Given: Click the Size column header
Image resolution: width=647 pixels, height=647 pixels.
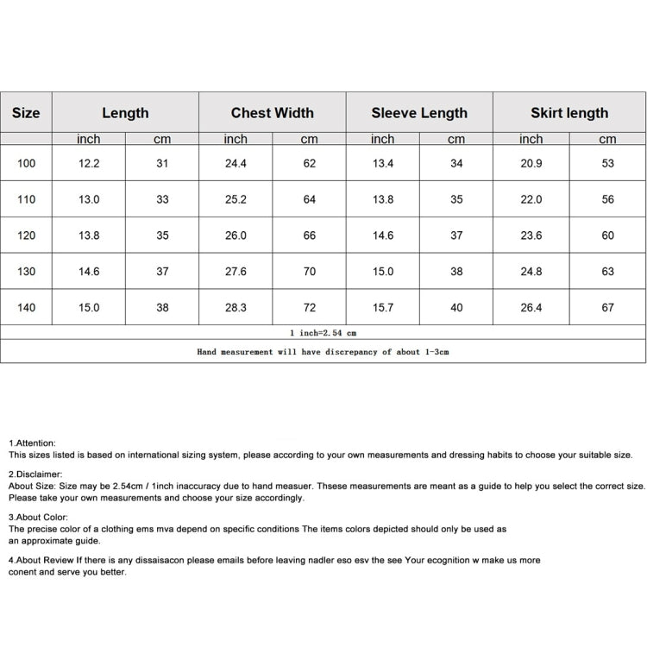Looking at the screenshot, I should coord(26,113).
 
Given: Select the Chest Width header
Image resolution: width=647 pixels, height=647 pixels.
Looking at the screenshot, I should coord(272,113).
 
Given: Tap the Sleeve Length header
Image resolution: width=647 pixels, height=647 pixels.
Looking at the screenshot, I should coord(419,113).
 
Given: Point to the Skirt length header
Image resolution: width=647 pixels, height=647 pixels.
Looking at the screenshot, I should coord(569,113).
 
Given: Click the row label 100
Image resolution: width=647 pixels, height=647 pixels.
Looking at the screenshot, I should coord(27,163).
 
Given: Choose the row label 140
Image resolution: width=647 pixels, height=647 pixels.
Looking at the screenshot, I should coord(27,307).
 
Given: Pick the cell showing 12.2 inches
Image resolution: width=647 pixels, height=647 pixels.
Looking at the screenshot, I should coord(89,163).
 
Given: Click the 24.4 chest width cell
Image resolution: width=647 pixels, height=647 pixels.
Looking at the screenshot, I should coord(236,163).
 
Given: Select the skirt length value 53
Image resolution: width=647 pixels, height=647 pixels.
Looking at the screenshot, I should coord(608,163).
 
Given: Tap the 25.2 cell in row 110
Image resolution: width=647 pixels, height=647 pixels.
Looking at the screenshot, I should coord(236,199).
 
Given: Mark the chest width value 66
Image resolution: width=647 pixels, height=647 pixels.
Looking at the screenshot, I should coord(310,236).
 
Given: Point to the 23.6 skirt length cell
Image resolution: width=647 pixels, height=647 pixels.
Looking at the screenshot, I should coord(531,236).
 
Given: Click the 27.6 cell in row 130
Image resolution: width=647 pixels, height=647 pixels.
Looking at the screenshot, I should coord(236,271).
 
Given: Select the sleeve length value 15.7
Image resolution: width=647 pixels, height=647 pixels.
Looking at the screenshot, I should coord(383,307).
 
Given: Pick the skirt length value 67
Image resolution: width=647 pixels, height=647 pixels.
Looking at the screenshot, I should coord(608,307).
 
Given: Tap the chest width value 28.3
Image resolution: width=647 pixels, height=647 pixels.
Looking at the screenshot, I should coord(236,307).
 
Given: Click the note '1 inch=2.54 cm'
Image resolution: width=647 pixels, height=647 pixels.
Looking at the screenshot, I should coord(323,332).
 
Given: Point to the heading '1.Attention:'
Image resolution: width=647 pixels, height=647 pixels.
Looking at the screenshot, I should coord(32,443).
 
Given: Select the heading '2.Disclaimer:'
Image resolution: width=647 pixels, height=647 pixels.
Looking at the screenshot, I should coord(35,474).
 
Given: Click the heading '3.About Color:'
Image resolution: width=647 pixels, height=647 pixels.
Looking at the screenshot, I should coord(38,518).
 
